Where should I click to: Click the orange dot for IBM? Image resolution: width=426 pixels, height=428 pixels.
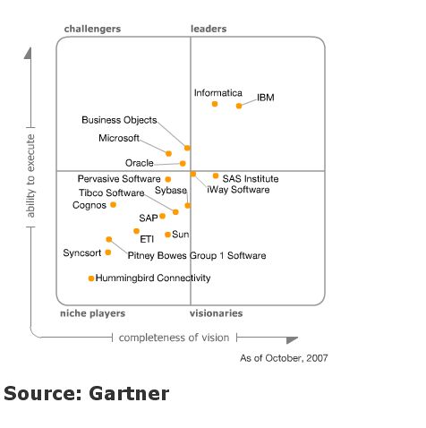[239, 106]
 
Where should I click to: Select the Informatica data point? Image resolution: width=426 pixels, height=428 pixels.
[215, 104]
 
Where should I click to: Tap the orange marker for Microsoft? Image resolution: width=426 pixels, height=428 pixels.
[168, 153]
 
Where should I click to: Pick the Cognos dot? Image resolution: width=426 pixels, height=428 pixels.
[113, 205]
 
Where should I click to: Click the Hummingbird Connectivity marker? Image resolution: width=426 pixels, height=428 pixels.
[91, 278]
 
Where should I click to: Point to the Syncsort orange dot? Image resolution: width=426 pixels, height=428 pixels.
[108, 253]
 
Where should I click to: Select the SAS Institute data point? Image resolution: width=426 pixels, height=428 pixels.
[216, 175]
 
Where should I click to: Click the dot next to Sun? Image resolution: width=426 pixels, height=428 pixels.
[167, 235]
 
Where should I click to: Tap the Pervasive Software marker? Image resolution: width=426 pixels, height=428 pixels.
[168, 179]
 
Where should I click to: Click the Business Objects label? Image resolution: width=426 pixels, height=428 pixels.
[119, 120]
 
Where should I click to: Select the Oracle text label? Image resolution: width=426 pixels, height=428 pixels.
[140, 163]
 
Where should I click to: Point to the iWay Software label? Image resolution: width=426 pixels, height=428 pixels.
[238, 190]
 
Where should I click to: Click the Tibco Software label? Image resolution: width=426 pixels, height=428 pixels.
[112, 193]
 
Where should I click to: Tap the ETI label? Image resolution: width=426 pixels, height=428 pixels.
[147, 239]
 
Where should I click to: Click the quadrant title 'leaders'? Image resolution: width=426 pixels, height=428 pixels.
[209, 29]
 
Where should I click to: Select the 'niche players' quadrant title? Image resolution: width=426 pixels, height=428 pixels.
[93, 313]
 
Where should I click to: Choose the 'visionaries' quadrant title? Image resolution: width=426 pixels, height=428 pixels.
[217, 313]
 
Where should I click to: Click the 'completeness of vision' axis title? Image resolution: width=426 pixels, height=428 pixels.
[174, 338]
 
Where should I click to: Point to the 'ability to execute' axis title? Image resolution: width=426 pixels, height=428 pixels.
[30, 176]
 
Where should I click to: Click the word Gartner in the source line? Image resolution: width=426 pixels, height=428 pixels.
[129, 393]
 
